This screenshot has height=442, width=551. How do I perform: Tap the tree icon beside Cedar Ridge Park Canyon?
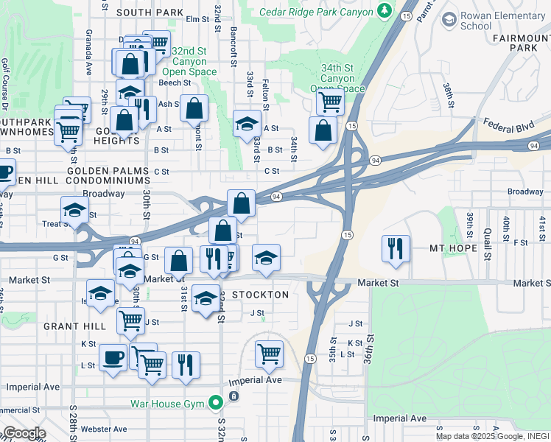[383, 10]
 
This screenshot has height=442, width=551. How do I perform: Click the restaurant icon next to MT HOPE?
[396, 248]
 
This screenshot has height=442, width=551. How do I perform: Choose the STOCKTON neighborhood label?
[260, 295]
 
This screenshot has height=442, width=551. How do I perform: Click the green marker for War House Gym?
[215, 403]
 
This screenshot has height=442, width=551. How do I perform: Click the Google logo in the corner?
[24, 432]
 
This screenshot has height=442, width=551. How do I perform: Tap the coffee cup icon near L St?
[113, 357]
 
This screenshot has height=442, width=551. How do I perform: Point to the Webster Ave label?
[104, 429]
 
